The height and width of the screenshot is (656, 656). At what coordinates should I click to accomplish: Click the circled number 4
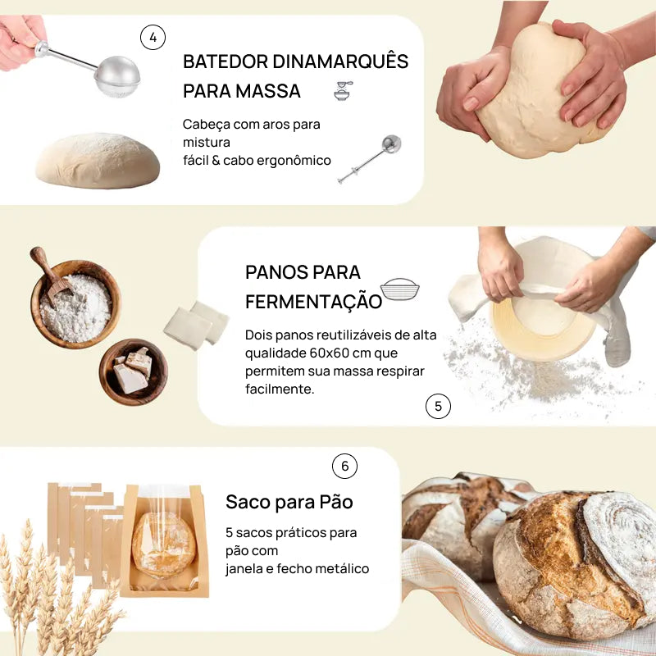coord(153,37)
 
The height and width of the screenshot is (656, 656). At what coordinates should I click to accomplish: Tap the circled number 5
coord(438,406)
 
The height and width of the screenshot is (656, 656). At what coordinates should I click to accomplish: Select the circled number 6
coord(344,466)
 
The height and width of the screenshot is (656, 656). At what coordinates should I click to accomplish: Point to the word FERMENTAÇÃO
coord(313,301)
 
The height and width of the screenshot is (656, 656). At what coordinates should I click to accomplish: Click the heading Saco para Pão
coord(289,502)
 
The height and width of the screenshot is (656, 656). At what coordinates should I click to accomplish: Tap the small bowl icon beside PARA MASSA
coord(342,91)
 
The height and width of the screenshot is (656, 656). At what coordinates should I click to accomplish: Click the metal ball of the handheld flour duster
coord(118,75)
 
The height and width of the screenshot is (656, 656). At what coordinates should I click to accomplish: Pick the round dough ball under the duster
coord(98,162)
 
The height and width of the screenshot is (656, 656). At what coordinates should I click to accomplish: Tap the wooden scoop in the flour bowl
coord(51,275)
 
